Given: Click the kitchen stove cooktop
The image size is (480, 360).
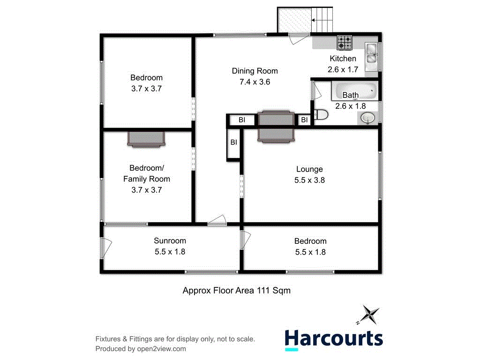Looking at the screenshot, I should pos(345,43).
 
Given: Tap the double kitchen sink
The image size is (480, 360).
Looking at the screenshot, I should pos(372,53).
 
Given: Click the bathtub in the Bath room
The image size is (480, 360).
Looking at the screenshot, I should pos(354,91).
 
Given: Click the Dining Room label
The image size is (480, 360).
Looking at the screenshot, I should pos(255,71).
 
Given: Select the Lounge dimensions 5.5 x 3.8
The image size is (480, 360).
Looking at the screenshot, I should pos(309,180).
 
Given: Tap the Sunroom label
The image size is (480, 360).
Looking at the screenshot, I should pos(170,241).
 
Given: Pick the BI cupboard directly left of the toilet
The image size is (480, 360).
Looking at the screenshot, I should pos(304,120).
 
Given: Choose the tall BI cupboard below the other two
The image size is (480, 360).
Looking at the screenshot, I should pos(233,142).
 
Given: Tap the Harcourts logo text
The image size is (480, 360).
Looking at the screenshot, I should pos(334,338).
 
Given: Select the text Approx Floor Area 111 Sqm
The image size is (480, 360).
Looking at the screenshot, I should pos(236,291).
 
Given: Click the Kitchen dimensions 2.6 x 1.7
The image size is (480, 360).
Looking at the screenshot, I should pos(343,69).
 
